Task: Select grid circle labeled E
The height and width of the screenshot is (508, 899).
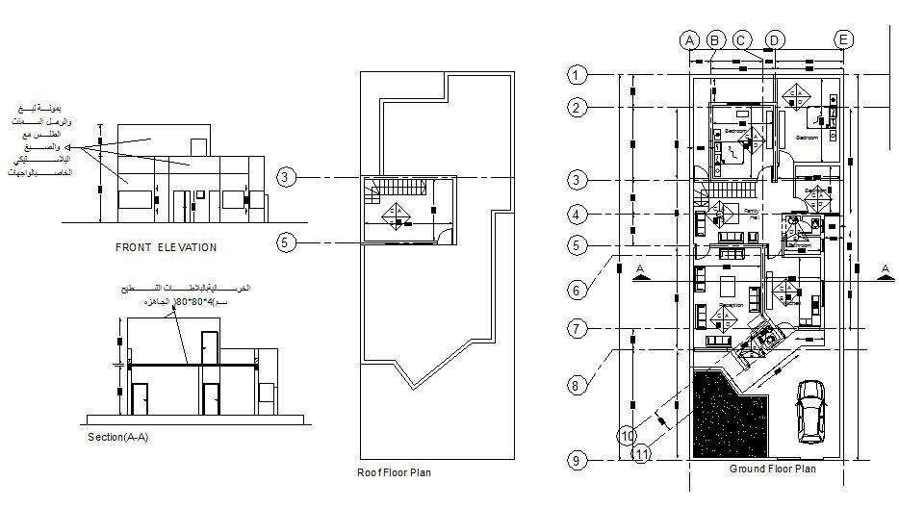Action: [842, 39]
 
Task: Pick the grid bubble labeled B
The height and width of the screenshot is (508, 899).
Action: [715, 39]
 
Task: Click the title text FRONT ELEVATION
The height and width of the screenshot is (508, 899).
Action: [166, 247]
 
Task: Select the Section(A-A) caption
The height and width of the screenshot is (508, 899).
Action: [117, 437]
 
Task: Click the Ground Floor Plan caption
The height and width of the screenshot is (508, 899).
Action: [772, 470]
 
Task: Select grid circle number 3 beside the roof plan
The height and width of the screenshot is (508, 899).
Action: [285, 177]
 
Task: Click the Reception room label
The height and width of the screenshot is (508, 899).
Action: [731, 306]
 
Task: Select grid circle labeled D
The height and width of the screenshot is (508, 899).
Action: [774, 39]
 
